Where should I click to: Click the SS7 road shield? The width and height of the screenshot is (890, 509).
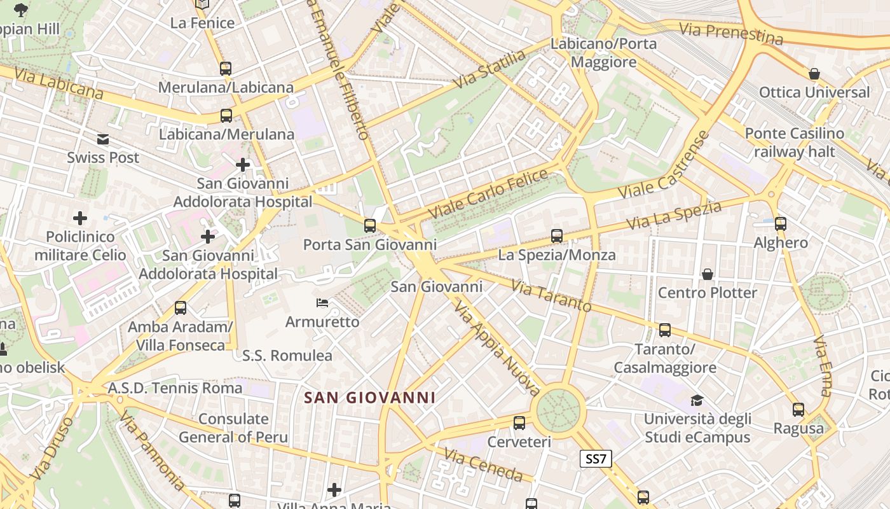pos(596,459)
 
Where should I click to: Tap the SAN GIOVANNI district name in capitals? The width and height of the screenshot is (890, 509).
pos(369,398)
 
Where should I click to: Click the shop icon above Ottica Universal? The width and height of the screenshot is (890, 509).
pos(814,74)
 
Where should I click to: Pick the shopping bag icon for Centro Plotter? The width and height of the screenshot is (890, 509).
pos(707,274)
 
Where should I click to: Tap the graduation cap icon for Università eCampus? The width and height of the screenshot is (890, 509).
pos(697,400)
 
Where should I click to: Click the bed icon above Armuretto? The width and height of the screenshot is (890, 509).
pos(322,303)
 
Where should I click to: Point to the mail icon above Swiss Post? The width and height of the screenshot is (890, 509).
pos(103,139)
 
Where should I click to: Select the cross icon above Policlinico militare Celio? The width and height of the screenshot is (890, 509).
pos(80,219)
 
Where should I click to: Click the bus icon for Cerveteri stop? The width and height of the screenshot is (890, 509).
pos(519,422)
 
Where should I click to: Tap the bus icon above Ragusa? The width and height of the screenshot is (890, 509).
pos(798,410)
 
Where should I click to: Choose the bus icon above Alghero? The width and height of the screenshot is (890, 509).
pos(781,224)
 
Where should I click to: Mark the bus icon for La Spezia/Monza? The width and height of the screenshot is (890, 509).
pos(557,236)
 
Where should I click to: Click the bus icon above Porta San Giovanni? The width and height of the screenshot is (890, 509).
pos(370,225)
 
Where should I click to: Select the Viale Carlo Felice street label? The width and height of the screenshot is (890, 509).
pos(488,193)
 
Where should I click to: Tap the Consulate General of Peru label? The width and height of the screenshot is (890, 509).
pos(233,428)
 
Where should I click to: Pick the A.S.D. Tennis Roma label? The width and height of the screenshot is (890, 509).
pos(175,387)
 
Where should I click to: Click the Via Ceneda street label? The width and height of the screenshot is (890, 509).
pos(483,465)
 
